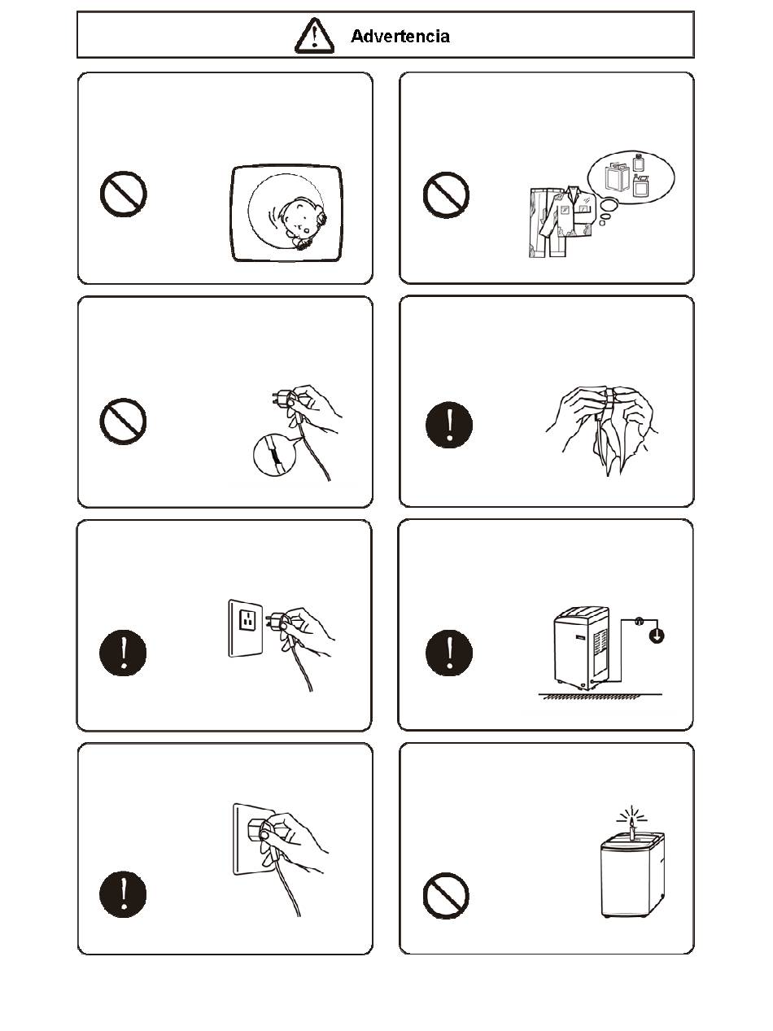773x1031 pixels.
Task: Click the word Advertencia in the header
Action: (400, 36)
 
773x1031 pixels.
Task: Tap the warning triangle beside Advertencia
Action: (314, 35)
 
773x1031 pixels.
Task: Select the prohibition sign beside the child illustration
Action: (123, 194)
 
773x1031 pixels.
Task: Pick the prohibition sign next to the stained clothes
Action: (446, 195)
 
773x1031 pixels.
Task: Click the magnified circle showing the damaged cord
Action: (274, 455)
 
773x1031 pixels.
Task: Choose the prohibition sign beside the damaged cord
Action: (123, 421)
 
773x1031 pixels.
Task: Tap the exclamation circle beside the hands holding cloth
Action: (449, 425)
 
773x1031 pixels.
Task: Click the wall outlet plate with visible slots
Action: (245, 628)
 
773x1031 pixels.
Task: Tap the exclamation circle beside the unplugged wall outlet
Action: (123, 653)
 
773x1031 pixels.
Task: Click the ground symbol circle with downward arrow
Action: (656, 636)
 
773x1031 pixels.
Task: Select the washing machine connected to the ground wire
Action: (582, 648)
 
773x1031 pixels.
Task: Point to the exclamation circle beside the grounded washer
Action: (449, 653)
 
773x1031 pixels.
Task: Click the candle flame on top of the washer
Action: (632, 821)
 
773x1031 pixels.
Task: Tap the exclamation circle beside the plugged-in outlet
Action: (123, 893)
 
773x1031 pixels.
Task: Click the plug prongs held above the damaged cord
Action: (278, 397)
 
